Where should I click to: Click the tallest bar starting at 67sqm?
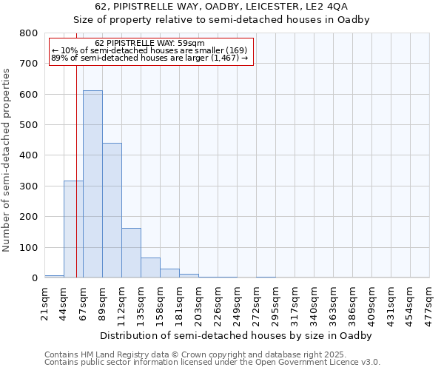coord(92,185)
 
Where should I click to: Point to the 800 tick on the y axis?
coord(28,33)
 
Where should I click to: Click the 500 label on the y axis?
coord(28,125)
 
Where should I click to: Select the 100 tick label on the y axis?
coord(28,247)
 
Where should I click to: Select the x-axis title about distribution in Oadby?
coord(237,335)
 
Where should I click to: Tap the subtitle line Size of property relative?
coord(221,19)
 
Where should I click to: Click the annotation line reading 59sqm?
coord(151,43)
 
